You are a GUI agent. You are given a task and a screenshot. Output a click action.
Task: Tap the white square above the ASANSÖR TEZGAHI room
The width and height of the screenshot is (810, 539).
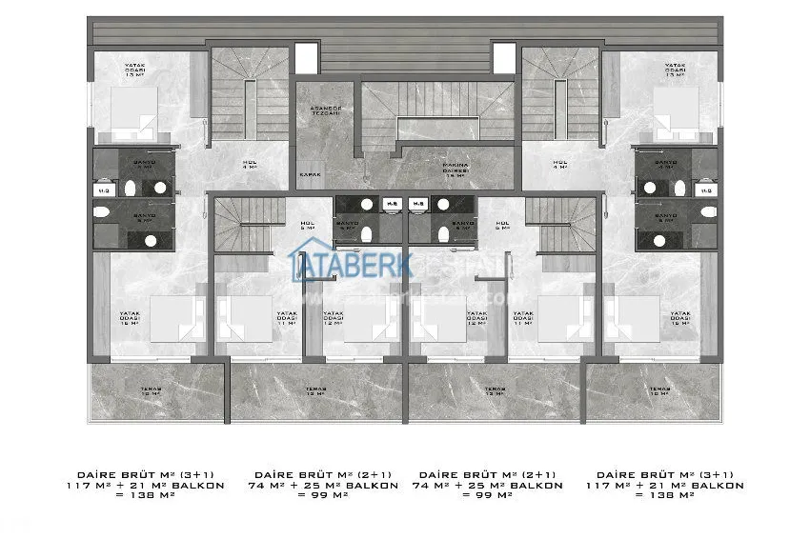click(x=305, y=57)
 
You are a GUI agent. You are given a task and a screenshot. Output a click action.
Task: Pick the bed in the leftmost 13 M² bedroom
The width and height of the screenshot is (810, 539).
click(x=133, y=110)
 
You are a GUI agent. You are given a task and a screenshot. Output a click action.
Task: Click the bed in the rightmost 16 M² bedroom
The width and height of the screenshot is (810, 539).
click(x=635, y=319)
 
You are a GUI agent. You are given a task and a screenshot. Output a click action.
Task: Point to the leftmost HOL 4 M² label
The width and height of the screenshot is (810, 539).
click(x=251, y=165)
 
